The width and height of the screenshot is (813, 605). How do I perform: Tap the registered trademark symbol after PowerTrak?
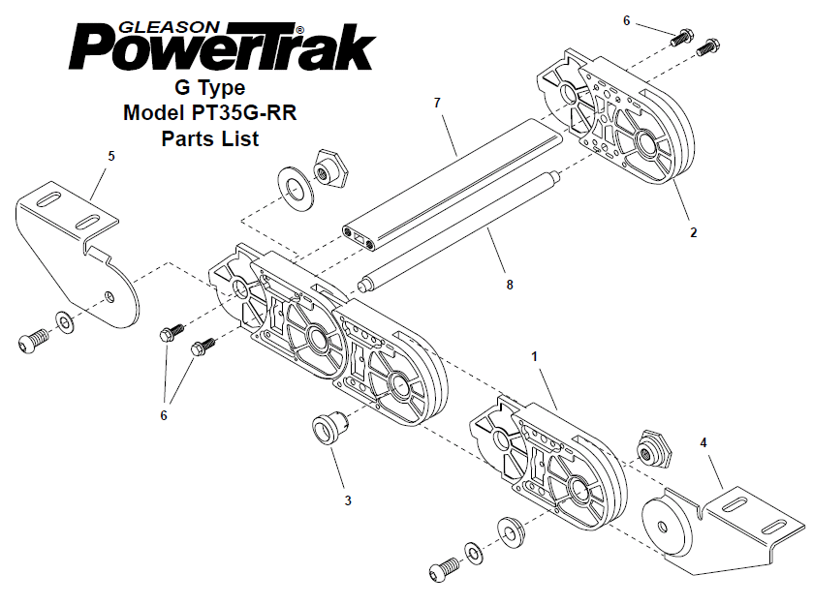point(299,29)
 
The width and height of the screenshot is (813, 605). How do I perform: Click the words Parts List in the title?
point(210,138)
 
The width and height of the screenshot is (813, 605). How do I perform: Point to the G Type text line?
point(210,87)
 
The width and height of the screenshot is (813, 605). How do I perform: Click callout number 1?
point(535,356)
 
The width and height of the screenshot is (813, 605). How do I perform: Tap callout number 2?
point(693,232)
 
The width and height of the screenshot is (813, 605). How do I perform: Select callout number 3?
point(348,500)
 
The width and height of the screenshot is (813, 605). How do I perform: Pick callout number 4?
point(704,443)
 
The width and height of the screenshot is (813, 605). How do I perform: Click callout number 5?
point(111,156)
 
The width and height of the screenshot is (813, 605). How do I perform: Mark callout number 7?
point(437,103)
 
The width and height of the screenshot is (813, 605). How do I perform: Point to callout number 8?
point(510,285)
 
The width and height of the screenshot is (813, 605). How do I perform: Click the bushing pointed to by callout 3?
point(330,427)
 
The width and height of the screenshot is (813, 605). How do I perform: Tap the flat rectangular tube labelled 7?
point(453,184)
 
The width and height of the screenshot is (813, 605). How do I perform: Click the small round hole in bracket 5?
point(109,296)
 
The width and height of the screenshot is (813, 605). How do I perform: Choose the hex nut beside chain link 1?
point(652,448)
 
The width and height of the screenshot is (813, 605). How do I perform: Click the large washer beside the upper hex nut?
point(296,189)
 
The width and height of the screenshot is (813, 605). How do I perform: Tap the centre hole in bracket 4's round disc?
point(662,528)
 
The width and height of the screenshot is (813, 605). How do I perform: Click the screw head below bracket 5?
point(27,342)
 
